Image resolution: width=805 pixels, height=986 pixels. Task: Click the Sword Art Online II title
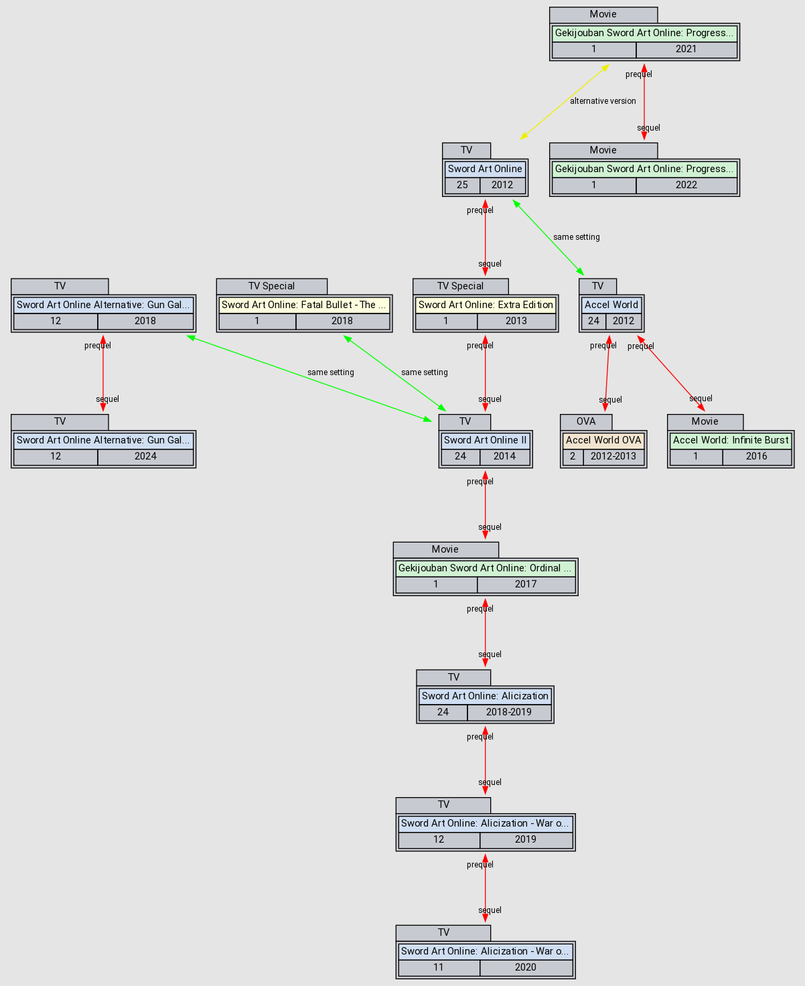pyautogui.click(x=486, y=440)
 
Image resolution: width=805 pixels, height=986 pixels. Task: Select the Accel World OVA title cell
pyautogui.click(x=603, y=440)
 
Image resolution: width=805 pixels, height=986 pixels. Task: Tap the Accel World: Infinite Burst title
pyautogui.click(x=731, y=440)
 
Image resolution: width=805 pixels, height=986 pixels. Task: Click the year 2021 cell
pyautogui.click(x=686, y=49)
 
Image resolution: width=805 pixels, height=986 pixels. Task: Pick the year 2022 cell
pyautogui.click(x=686, y=185)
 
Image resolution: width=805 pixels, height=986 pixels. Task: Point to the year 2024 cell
pyautogui.click(x=145, y=456)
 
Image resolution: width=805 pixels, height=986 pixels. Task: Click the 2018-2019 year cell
pyautogui.click(x=509, y=712)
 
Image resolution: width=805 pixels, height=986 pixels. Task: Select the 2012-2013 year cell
pyautogui.click(x=613, y=456)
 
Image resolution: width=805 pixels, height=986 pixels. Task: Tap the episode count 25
pyautogui.click(x=462, y=185)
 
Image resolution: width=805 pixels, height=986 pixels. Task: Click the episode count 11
pyautogui.click(x=439, y=967)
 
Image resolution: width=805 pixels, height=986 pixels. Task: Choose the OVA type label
pyautogui.click(x=586, y=421)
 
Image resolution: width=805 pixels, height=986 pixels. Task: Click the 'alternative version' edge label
pyautogui.click(x=603, y=101)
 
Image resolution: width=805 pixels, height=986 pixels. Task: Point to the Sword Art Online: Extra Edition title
pyautogui.click(x=486, y=305)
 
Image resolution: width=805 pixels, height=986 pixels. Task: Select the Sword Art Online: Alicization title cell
pyautogui.click(x=485, y=696)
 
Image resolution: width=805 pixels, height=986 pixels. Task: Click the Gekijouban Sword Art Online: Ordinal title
pyautogui.click(x=485, y=568)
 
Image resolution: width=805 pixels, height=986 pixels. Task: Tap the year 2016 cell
pyautogui.click(x=757, y=456)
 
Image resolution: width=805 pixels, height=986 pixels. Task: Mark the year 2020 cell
pyautogui.click(x=526, y=967)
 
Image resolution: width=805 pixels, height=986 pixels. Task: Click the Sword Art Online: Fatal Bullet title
pyautogui.click(x=304, y=305)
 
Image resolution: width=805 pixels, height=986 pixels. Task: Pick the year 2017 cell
pyautogui.click(x=526, y=584)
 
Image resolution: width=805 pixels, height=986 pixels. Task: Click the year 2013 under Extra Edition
pyautogui.click(x=516, y=321)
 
